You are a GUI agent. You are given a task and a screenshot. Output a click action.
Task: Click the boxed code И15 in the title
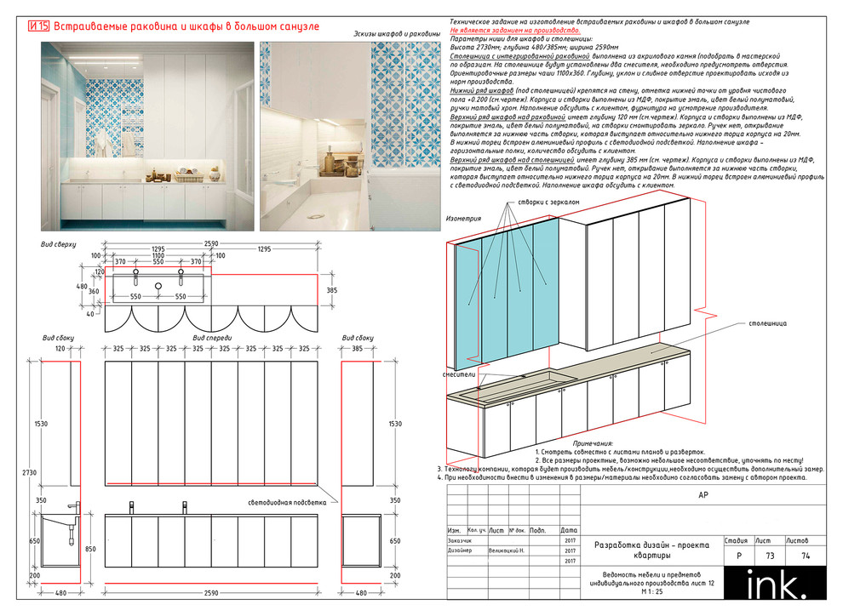pyautogui.click(x=38, y=27)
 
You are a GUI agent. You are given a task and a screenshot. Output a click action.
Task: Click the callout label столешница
pyautogui.click(x=768, y=323)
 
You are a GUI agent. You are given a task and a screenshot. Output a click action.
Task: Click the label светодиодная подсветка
pyautogui.click(x=287, y=502)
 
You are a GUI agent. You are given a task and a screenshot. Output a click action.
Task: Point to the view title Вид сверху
pyautogui.click(x=59, y=244)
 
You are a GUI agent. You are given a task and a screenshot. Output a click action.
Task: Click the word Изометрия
pyautogui.click(x=464, y=219)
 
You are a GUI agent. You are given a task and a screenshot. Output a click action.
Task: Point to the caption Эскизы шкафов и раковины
pyautogui.click(x=395, y=34)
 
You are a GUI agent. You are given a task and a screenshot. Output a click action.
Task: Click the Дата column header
pyautogui.click(x=569, y=529)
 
